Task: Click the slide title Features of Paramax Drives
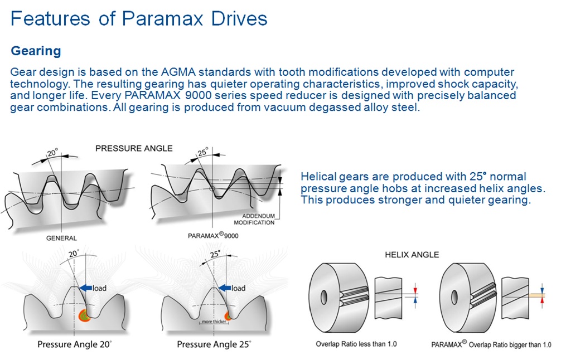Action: [139, 18]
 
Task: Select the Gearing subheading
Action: [36, 51]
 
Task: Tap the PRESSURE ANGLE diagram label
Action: [134, 148]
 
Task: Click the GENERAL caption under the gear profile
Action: [62, 238]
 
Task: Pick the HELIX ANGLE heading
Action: [412, 255]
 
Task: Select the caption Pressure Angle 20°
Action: [75, 344]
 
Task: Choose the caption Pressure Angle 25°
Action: [214, 344]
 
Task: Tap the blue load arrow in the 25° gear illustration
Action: [225, 288]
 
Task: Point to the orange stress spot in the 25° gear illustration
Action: [228, 315]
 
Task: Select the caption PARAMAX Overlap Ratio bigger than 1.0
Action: [491, 343]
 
